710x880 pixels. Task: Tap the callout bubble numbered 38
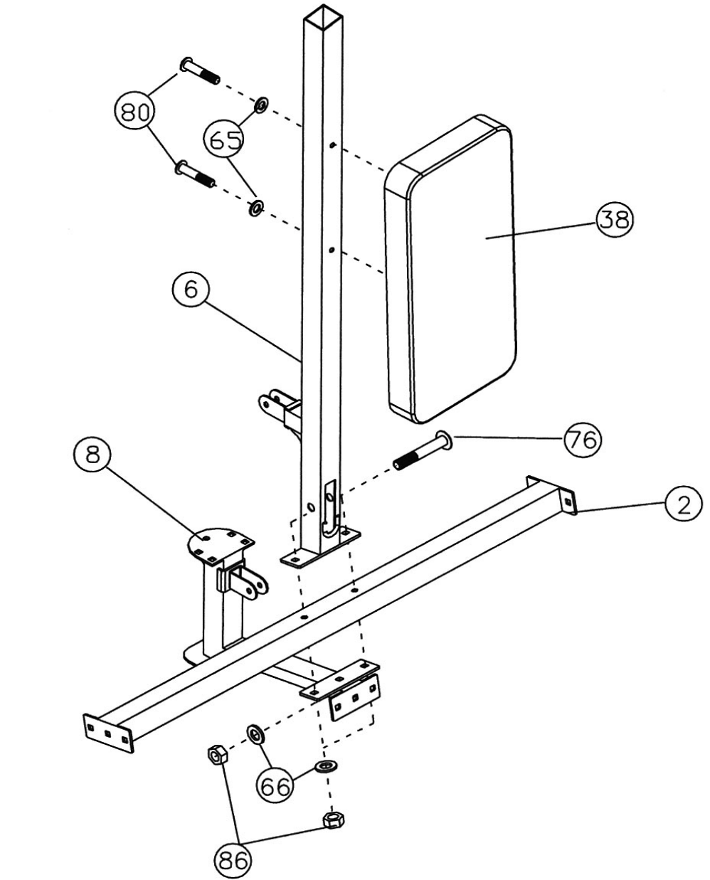pyautogui.click(x=613, y=220)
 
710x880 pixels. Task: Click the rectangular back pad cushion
pyautogui.click(x=450, y=277)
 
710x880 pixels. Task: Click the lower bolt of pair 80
pyautogui.click(x=194, y=173)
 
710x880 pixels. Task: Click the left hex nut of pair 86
pyautogui.click(x=217, y=753)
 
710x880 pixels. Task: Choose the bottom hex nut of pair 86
pyautogui.click(x=333, y=820)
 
